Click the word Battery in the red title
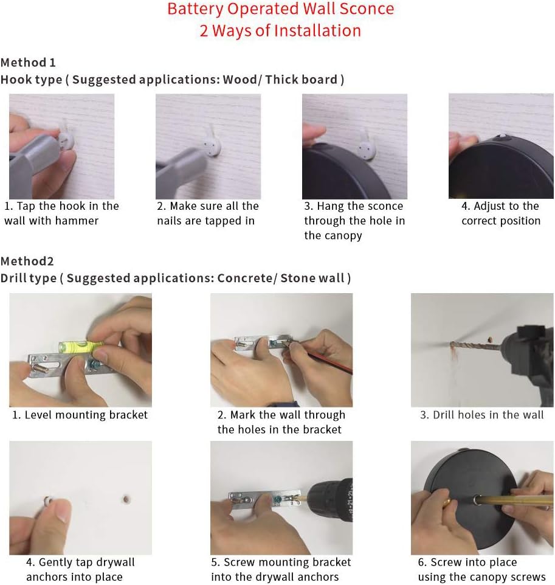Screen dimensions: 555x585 (x=195, y=10)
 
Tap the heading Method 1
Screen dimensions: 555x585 (x=29, y=62)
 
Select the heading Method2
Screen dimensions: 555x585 (x=27, y=261)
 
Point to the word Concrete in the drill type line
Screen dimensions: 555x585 (x=245, y=278)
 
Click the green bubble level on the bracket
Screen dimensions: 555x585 (x=81, y=347)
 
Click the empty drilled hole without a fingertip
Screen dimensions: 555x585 (x=126, y=499)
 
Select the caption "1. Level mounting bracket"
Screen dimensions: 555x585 (x=80, y=415)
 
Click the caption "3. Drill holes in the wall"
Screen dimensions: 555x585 (x=482, y=415)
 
